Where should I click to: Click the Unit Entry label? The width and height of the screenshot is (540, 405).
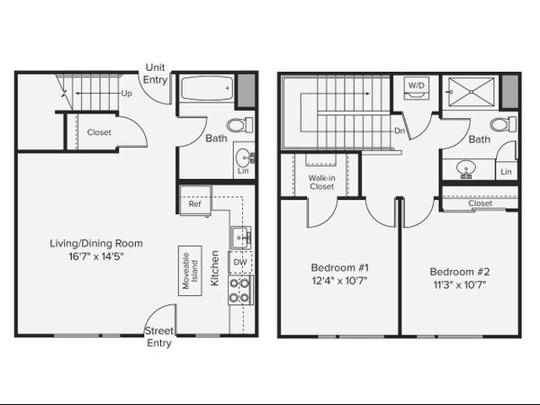155,74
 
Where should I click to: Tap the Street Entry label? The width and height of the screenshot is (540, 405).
159,337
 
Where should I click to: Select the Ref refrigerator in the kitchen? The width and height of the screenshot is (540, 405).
195,201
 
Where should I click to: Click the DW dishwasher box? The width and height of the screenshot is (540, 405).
240,263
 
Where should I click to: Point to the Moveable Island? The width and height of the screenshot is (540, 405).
190,271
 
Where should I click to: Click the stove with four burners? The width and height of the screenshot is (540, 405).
240,290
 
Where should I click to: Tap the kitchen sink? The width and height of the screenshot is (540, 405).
241,238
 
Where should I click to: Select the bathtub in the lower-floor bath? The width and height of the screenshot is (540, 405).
207,88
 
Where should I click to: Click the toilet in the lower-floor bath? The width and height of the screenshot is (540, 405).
239,125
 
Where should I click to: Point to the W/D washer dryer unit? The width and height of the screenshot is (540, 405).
417,88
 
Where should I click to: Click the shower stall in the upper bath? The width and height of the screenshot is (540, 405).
471,92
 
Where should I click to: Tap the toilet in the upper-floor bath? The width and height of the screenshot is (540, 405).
503,124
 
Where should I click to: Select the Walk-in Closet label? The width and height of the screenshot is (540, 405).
321,182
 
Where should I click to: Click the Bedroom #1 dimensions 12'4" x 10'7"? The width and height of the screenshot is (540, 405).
340,281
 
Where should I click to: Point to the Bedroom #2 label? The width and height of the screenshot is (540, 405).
460,272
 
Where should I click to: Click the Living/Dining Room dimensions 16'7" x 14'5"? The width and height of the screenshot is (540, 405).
96,256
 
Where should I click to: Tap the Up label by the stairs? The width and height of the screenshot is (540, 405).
126,94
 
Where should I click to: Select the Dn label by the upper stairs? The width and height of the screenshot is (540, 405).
400,130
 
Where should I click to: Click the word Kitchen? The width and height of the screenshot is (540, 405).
214,268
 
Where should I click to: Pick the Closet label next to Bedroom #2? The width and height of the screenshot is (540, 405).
480,203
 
